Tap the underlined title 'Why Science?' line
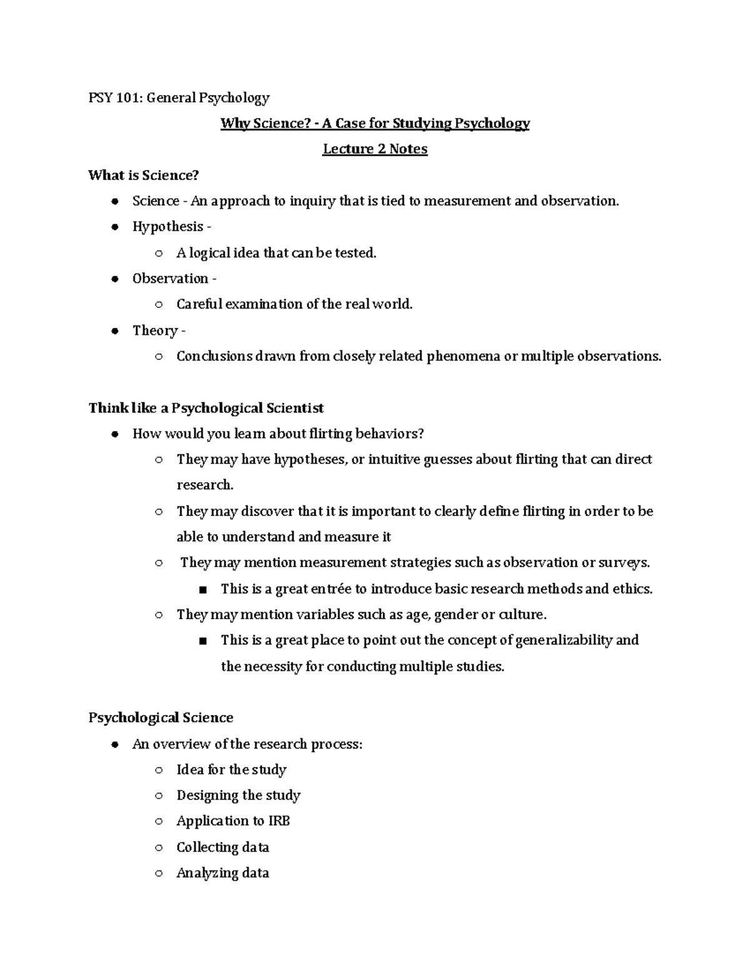374,123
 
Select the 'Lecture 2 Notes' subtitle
374,149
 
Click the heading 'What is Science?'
143,175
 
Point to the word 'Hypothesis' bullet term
167,227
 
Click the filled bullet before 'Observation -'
114,279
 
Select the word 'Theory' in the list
155,330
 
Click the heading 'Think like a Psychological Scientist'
206,408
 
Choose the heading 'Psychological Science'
161,718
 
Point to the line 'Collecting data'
222,847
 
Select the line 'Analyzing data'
222,873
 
